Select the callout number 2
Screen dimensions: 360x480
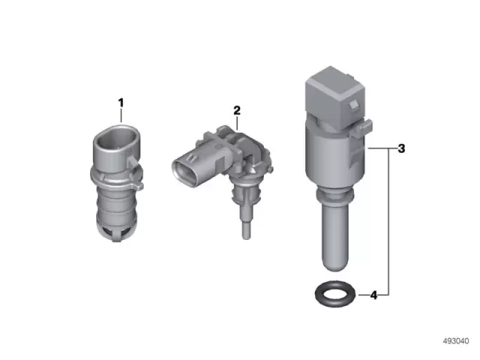click(x=237, y=110)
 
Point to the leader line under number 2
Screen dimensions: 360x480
click(x=236, y=124)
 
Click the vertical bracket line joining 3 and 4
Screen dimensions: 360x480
click(x=388, y=225)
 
